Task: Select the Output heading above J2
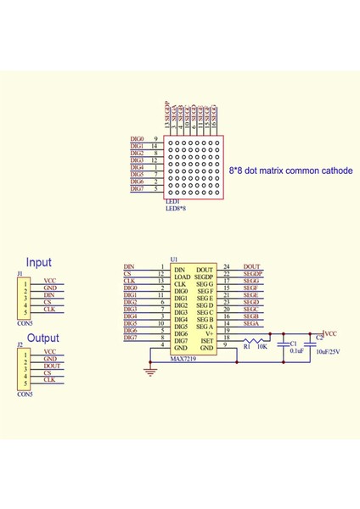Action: pos(43,338)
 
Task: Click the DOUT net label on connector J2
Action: pos(53,366)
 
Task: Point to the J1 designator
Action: pos(20,273)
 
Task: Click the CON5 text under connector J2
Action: pos(25,394)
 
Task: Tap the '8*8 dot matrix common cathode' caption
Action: pos(290,171)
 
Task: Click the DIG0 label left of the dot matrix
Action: pos(137,138)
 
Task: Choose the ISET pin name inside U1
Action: pos(205,340)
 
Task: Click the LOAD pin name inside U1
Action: pos(182,277)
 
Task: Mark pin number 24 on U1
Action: pos(227,267)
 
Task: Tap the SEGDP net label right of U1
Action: pos(254,275)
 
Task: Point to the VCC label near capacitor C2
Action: pos(331,334)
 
